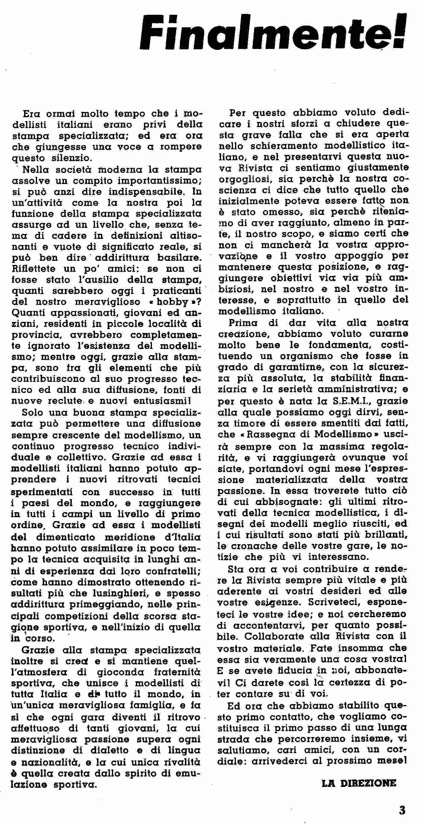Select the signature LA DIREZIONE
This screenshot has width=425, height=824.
359,783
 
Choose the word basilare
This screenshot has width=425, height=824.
180,258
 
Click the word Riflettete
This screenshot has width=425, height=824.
33,269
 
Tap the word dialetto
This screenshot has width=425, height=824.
114,750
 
